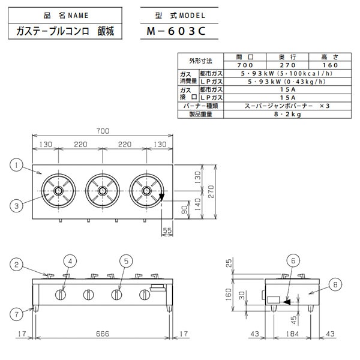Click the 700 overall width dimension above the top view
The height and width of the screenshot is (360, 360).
[101, 130]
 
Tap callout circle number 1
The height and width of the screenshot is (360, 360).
[17, 164]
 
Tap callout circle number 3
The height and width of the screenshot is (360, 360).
[17, 206]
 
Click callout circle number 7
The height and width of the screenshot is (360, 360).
[17, 312]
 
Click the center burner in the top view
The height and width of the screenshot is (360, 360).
[101, 191]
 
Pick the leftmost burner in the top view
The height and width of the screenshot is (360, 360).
[59, 191]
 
